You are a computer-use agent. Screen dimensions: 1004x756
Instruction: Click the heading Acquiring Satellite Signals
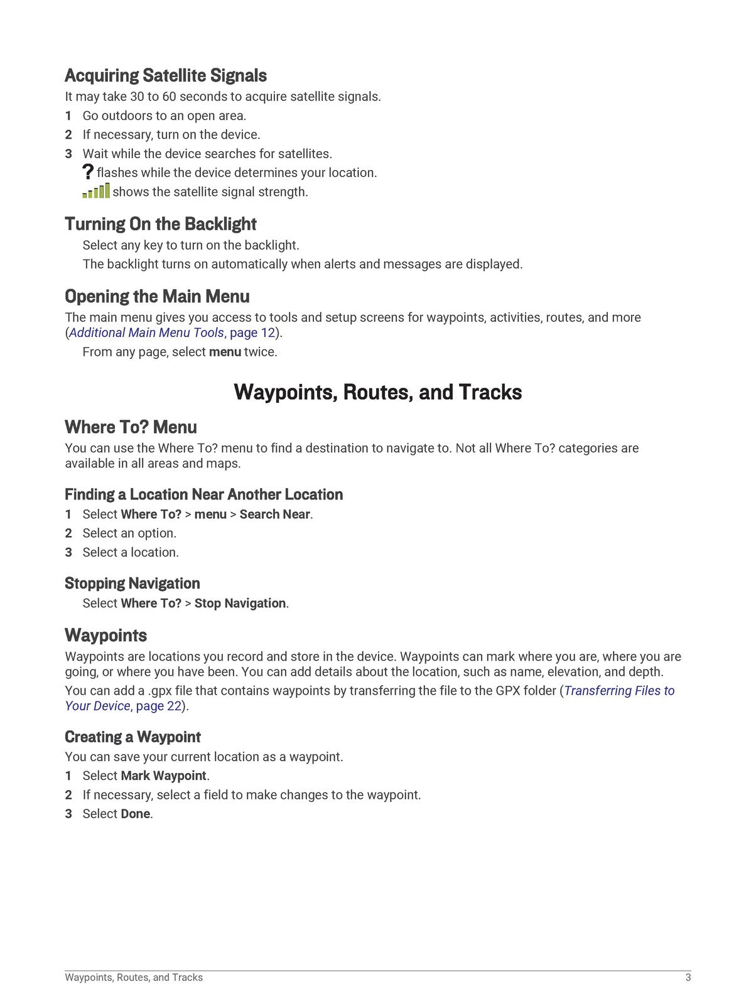pyautogui.click(x=166, y=76)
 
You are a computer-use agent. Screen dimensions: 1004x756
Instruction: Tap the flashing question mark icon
pyautogui.click(x=88, y=172)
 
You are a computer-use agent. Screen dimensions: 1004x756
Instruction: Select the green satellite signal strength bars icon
pyautogui.click(x=96, y=191)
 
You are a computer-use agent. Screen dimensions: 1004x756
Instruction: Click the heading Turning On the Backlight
pyautogui.click(x=160, y=224)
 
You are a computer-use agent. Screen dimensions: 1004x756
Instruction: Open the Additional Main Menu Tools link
pyautogui.click(x=146, y=333)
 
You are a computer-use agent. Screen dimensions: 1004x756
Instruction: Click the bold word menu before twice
pyautogui.click(x=225, y=352)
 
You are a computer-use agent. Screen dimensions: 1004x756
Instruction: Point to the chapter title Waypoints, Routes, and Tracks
pyautogui.click(x=377, y=392)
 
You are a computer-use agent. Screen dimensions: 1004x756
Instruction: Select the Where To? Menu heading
pyautogui.click(x=131, y=427)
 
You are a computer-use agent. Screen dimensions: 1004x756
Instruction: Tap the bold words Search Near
pyautogui.click(x=274, y=515)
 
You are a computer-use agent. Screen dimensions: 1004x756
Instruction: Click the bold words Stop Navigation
pyautogui.click(x=240, y=604)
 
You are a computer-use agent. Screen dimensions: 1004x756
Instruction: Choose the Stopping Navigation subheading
pyautogui.click(x=132, y=584)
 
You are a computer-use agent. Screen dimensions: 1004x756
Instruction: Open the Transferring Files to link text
pyautogui.click(x=619, y=691)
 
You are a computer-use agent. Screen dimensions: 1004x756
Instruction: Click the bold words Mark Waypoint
pyautogui.click(x=163, y=776)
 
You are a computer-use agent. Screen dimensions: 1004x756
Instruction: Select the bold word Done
pyautogui.click(x=135, y=814)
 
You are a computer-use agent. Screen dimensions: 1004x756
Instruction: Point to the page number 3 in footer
pyautogui.click(x=688, y=978)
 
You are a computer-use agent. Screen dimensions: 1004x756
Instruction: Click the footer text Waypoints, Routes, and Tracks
pyautogui.click(x=134, y=978)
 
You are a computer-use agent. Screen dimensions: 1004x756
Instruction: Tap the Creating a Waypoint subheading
pyautogui.click(x=132, y=737)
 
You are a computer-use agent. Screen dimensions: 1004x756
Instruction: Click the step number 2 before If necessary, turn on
pyautogui.click(x=68, y=135)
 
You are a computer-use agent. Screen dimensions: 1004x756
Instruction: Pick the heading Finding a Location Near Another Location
pyautogui.click(x=203, y=494)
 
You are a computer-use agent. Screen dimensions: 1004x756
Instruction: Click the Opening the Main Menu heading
pyautogui.click(x=157, y=296)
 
